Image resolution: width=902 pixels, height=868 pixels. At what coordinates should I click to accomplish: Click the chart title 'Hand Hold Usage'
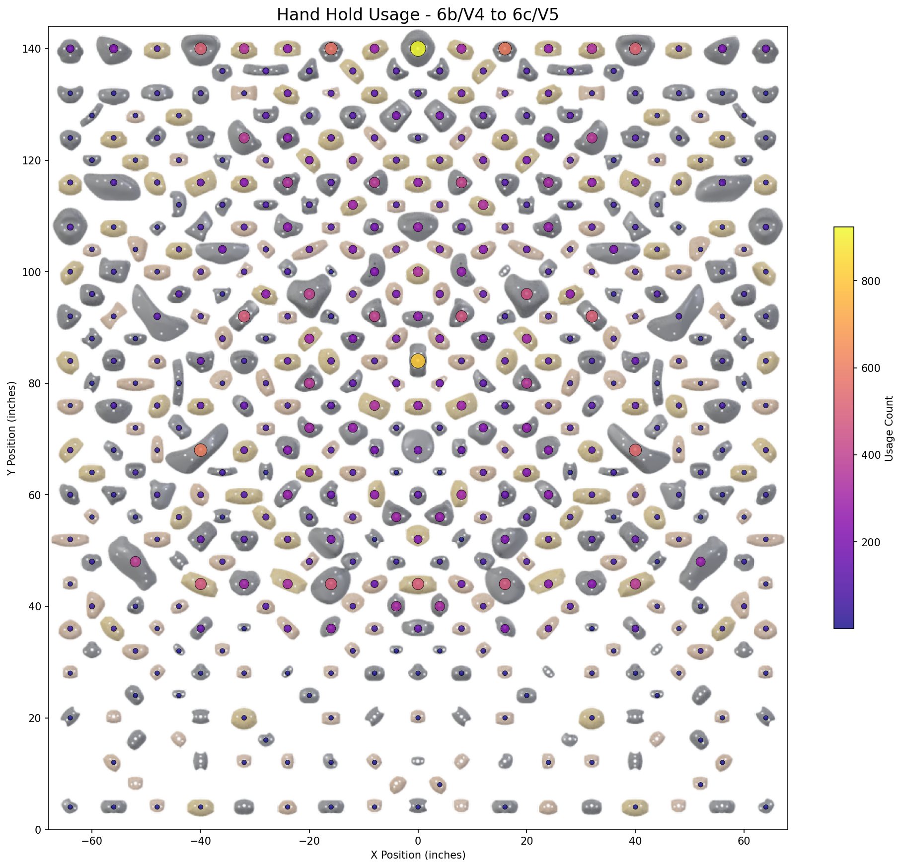click(x=417, y=15)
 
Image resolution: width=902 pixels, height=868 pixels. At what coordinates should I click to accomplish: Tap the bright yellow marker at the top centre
click(x=418, y=49)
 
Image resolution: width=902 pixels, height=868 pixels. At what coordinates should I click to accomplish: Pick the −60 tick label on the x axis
click(x=92, y=841)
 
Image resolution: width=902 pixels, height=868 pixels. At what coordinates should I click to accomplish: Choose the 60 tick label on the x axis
click(x=744, y=841)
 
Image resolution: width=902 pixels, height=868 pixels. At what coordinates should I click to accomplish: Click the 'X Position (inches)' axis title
click(x=418, y=855)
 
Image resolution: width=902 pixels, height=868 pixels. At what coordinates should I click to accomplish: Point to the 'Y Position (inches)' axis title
click(x=12, y=428)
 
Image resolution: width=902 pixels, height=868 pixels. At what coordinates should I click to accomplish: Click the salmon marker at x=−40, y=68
click(x=201, y=450)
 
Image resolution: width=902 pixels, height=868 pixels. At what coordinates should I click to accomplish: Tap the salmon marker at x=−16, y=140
click(x=331, y=49)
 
